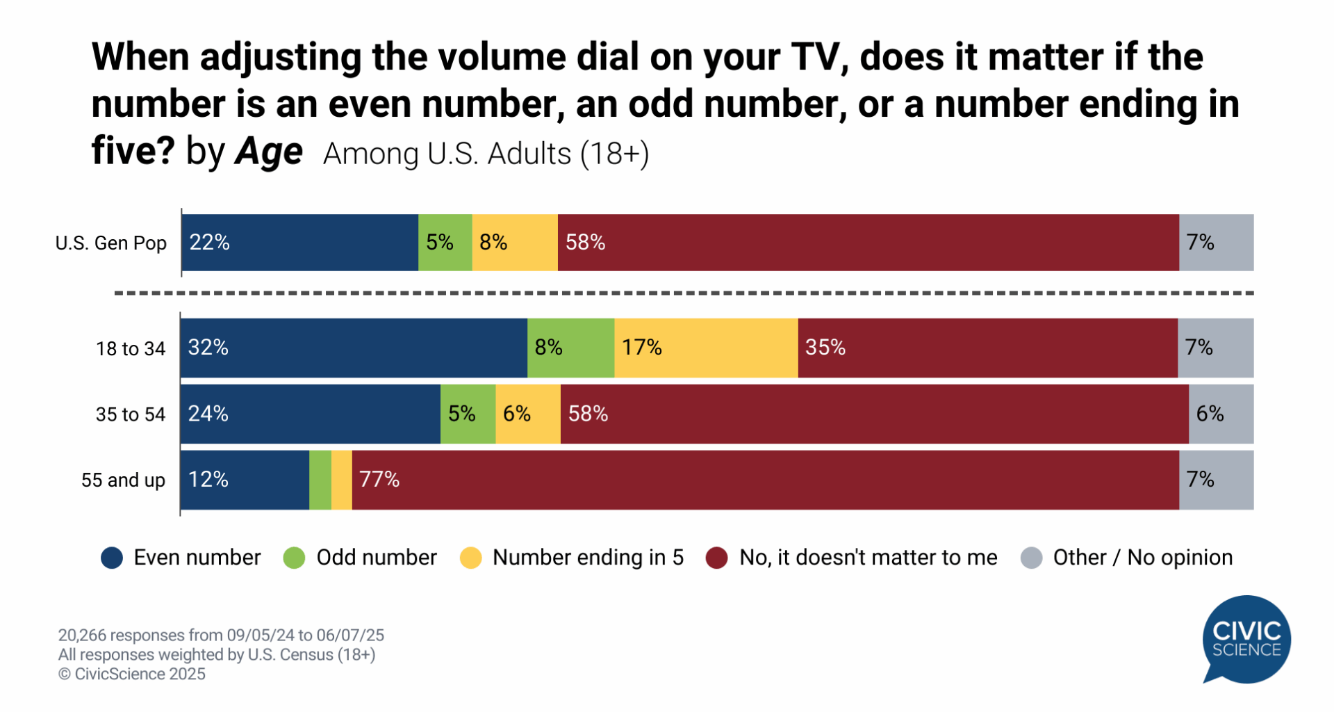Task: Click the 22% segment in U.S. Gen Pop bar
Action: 299,243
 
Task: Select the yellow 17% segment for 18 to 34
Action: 706,348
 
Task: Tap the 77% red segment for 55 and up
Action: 764,480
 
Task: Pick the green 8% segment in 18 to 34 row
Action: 570,348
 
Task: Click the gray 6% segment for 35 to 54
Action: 1221,414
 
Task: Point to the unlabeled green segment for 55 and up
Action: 320,480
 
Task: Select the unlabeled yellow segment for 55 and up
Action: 342,480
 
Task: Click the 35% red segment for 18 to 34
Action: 987,348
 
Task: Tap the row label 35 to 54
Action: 131,414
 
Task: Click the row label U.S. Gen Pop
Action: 111,243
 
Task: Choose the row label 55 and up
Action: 123,480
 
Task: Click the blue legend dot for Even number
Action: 112,558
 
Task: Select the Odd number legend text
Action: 376,558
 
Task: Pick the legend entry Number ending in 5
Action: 588,558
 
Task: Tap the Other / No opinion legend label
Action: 1142,558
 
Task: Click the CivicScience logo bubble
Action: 1246,639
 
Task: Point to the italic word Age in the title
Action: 269,152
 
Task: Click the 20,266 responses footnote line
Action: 221,635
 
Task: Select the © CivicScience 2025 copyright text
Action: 132,674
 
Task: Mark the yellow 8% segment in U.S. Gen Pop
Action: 515,243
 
